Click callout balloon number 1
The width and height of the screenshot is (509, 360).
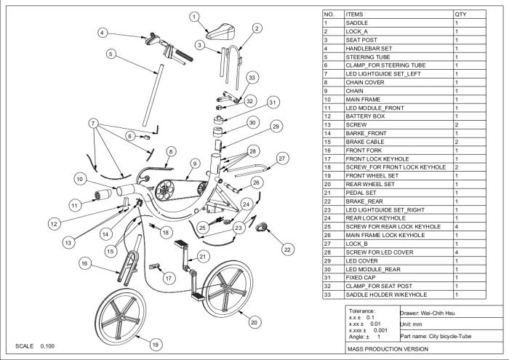193,16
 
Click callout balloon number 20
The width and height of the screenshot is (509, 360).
252,321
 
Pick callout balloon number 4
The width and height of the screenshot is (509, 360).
103,33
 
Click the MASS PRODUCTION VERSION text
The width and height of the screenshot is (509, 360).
388,351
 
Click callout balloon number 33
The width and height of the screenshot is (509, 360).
252,77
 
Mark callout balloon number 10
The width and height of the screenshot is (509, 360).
79,179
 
